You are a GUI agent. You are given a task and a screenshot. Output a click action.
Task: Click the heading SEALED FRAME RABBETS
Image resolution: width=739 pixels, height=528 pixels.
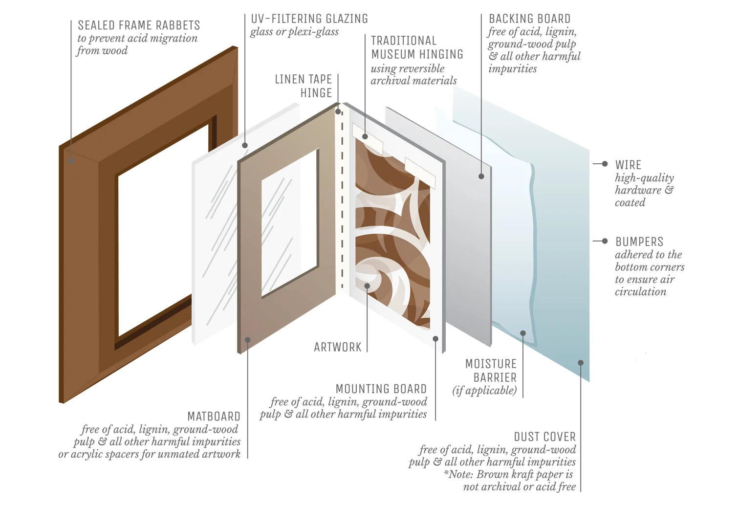click(x=139, y=25)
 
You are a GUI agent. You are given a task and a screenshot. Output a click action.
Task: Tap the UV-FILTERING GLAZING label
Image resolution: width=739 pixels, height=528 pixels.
click(x=309, y=19)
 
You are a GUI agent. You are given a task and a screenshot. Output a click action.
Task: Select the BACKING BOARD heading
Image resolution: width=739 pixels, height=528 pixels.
click(x=529, y=19)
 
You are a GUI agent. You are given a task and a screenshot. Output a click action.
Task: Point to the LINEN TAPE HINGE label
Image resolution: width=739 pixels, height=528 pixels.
click(x=304, y=86)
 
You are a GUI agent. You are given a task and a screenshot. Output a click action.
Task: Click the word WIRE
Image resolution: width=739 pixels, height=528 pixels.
click(x=628, y=165)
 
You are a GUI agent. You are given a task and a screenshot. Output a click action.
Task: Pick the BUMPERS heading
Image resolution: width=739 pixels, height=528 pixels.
click(x=639, y=242)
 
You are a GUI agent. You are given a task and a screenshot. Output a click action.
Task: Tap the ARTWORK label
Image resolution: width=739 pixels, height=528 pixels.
click(x=337, y=348)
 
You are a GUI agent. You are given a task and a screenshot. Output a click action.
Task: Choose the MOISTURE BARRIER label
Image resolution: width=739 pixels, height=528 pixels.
click(x=491, y=371)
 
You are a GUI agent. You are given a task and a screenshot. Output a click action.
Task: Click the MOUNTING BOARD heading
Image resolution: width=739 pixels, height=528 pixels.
click(x=381, y=389)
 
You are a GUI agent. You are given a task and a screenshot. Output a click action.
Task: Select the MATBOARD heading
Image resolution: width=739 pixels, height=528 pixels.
click(x=214, y=417)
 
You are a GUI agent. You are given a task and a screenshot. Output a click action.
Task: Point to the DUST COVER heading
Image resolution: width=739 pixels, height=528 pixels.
click(x=544, y=437)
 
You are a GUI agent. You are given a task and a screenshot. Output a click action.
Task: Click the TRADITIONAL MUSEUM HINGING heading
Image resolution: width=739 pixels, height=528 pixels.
click(x=417, y=47)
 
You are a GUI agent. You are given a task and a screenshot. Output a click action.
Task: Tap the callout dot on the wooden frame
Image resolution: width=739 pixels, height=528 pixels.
click(x=71, y=161)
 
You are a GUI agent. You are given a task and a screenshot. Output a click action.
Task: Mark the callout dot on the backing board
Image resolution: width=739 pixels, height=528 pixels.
click(x=481, y=176)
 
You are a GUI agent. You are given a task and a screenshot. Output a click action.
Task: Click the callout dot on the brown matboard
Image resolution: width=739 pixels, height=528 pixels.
click(x=248, y=340)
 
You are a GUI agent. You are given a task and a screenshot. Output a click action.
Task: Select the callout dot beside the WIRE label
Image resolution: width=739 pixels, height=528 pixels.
click(x=605, y=164)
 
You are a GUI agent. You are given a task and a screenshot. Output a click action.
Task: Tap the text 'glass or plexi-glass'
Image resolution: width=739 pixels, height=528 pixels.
click(x=294, y=32)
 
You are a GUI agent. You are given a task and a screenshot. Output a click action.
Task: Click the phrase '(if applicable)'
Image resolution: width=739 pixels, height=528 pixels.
click(x=484, y=391)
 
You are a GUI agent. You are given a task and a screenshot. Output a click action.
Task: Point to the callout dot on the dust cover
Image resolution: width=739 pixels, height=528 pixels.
click(x=581, y=363)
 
